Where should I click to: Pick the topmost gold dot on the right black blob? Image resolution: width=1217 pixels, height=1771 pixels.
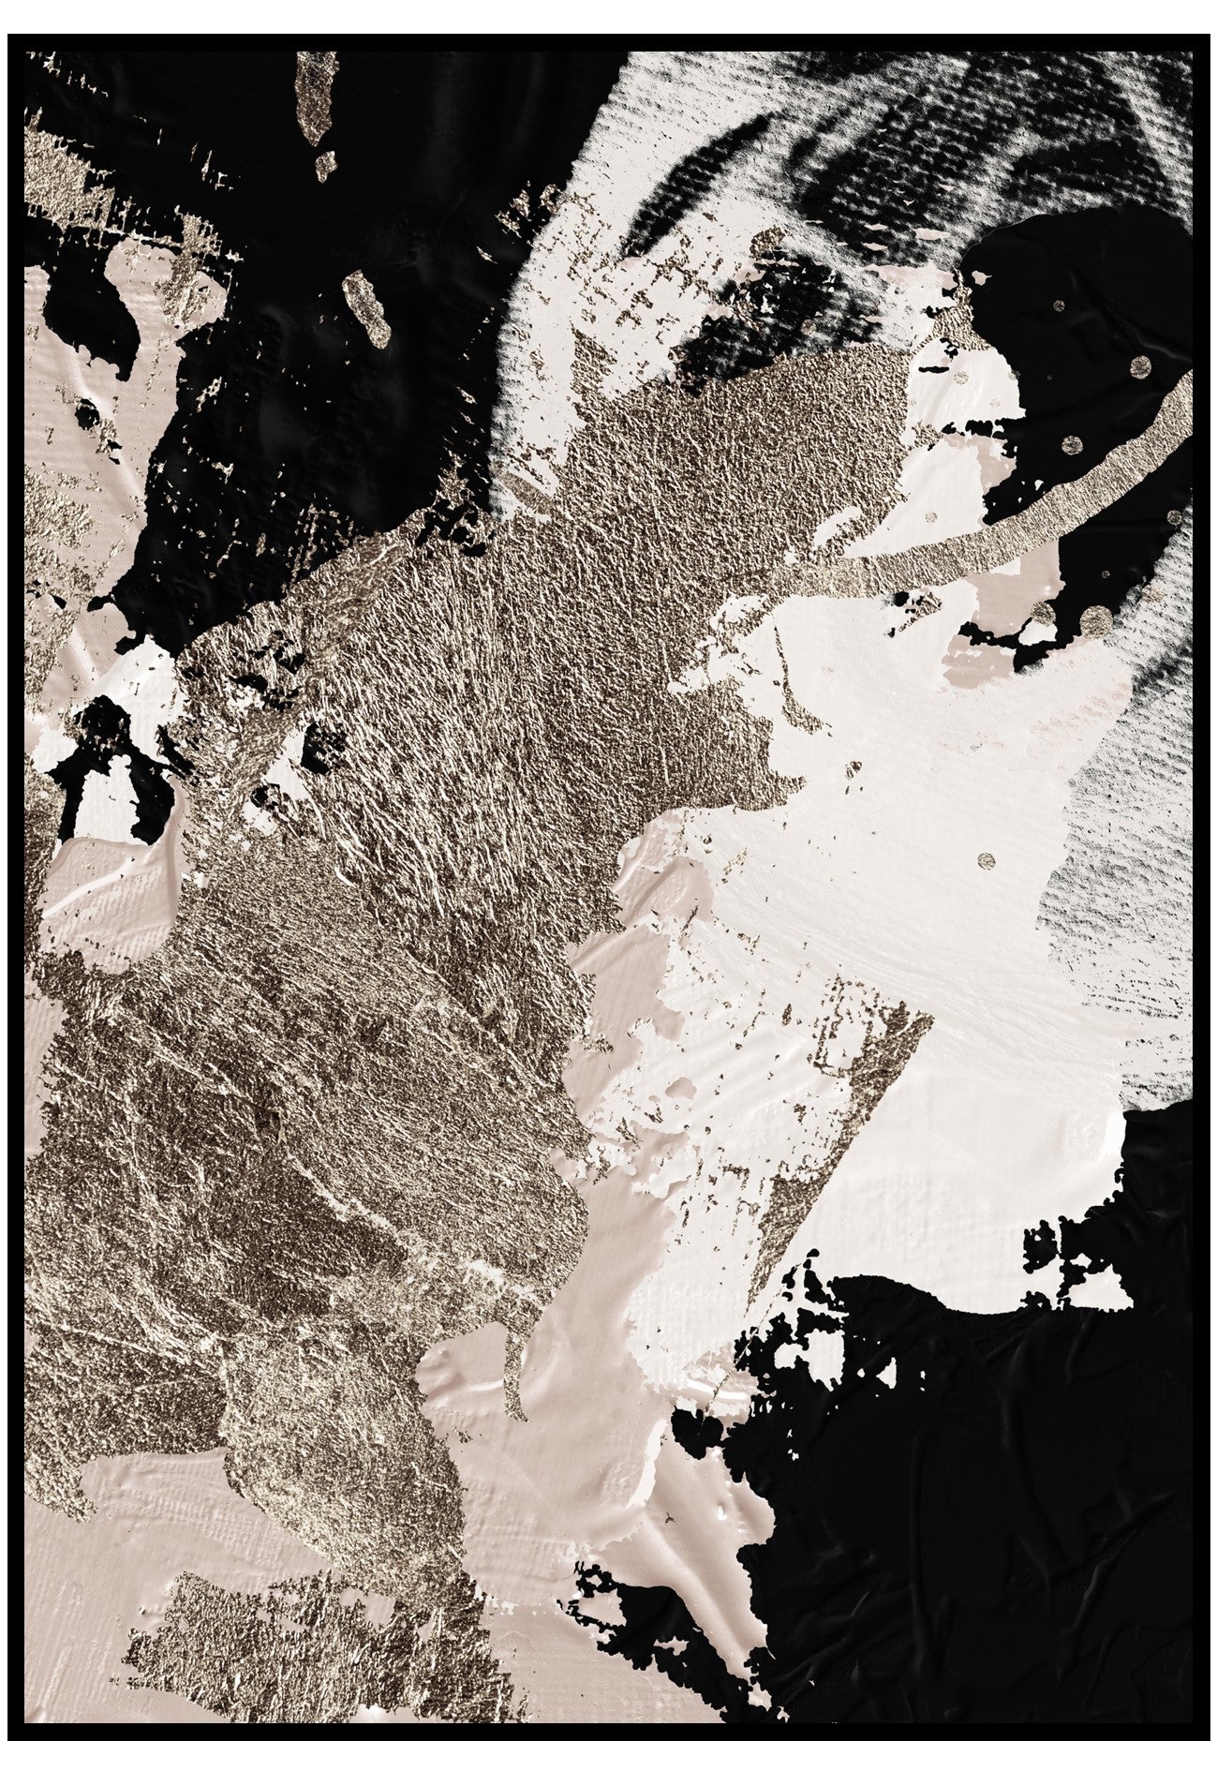(1058, 305)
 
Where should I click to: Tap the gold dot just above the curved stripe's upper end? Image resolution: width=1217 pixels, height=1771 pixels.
(1140, 365)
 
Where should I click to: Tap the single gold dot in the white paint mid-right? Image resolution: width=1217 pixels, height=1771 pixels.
(986, 859)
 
